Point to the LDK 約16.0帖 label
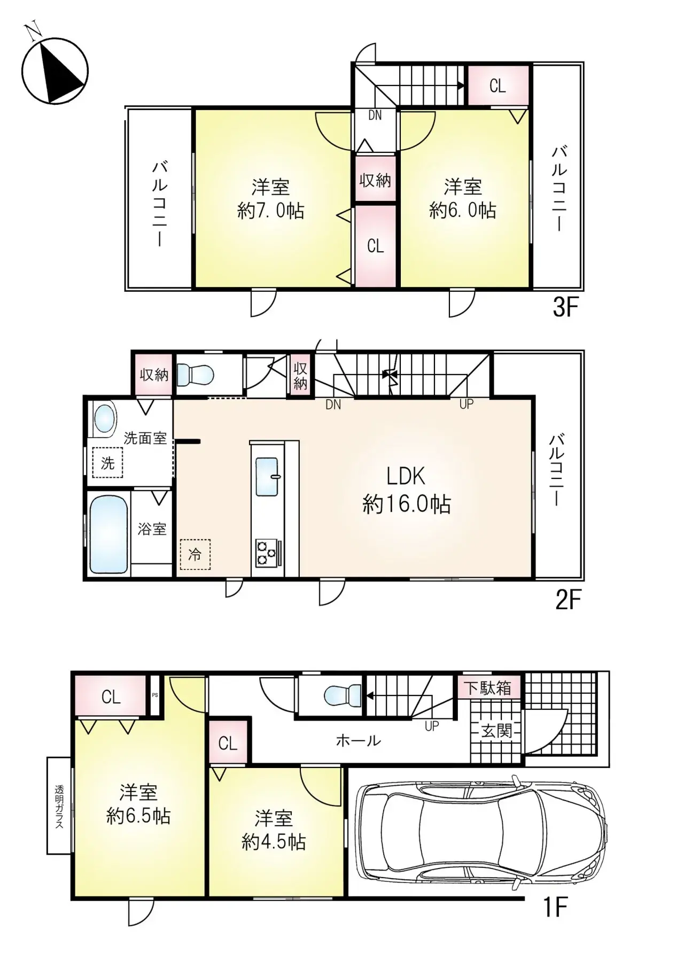[x=406, y=490]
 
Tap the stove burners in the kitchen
[x=266, y=553]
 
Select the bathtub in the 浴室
[x=108, y=534]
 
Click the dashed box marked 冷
[x=195, y=555]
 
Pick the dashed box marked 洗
[x=107, y=463]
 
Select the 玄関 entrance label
[x=497, y=731]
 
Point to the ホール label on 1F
[x=358, y=740]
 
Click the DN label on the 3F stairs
[x=375, y=115]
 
